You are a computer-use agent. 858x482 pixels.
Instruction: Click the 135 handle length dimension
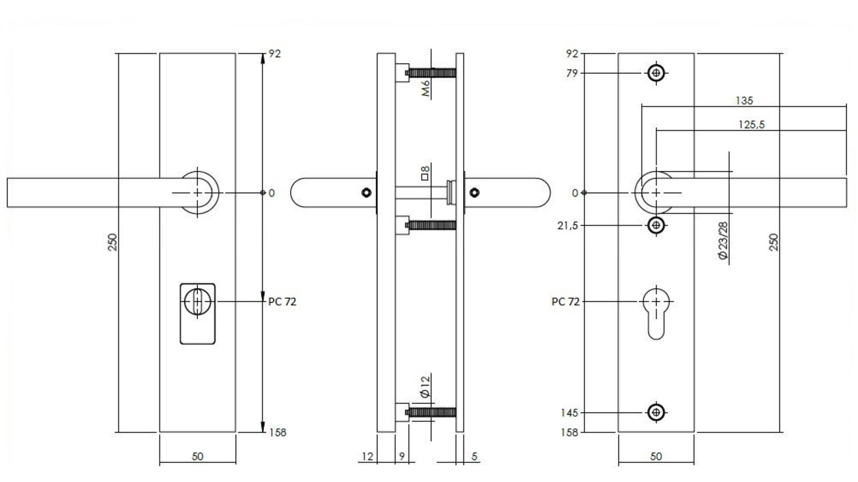[x=744, y=101]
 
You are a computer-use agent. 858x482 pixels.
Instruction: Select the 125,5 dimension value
[x=751, y=125]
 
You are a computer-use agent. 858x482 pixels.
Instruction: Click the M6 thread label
[x=426, y=89]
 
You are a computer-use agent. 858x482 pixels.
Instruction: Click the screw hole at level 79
[x=656, y=73]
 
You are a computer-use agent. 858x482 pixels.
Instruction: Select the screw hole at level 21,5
[x=656, y=225]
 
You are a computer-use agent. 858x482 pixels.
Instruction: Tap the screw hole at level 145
[x=656, y=412]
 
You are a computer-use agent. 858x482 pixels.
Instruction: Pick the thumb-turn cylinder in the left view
[x=197, y=301]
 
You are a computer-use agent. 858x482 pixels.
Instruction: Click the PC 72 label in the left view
[x=282, y=302]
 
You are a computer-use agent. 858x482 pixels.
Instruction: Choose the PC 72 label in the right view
[x=566, y=302]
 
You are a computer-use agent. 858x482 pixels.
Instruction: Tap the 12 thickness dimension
[x=367, y=456]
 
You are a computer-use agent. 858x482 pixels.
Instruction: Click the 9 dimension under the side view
[x=402, y=456]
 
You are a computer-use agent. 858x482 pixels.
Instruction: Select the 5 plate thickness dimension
[x=475, y=456]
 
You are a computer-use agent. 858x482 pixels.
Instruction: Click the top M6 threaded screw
[x=431, y=73]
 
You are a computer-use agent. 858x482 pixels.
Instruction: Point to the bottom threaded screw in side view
[x=431, y=412]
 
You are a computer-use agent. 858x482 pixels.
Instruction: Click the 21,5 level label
[x=567, y=226]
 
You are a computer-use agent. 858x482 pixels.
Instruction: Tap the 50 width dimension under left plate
[x=198, y=456]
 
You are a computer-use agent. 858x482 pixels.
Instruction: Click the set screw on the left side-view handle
[x=366, y=193]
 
